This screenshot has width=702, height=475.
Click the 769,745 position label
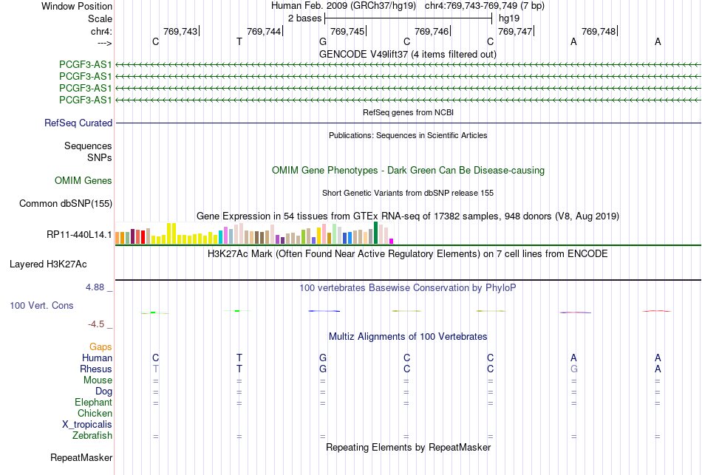point(347,31)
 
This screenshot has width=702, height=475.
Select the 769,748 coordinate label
point(599,31)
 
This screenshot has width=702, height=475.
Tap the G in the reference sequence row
point(323,41)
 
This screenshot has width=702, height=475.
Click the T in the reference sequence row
point(239,41)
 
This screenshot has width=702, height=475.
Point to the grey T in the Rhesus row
point(155,369)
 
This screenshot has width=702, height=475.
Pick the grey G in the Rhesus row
point(573,369)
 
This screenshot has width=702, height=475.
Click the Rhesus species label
point(96,369)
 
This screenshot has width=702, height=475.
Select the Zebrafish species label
point(92,435)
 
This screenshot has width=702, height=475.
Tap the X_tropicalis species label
point(87,425)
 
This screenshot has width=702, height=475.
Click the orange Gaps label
point(100,347)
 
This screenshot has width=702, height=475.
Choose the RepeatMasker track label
point(81,457)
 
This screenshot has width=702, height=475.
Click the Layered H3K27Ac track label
point(48,264)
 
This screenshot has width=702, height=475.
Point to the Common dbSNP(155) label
point(66,204)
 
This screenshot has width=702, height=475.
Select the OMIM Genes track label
point(84,180)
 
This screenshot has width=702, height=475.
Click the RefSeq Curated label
point(78,123)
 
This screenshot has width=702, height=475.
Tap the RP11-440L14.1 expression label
point(79,235)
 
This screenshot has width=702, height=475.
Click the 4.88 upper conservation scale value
point(95,287)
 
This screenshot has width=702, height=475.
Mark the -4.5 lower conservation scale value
point(96,324)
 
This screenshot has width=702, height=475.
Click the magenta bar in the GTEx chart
point(392,242)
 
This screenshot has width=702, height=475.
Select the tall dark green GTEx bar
point(376,233)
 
